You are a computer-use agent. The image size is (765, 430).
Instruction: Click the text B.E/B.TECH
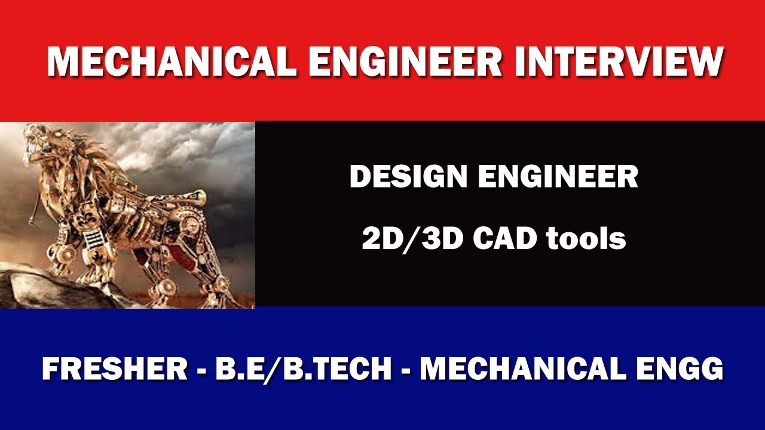pos(303,369)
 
